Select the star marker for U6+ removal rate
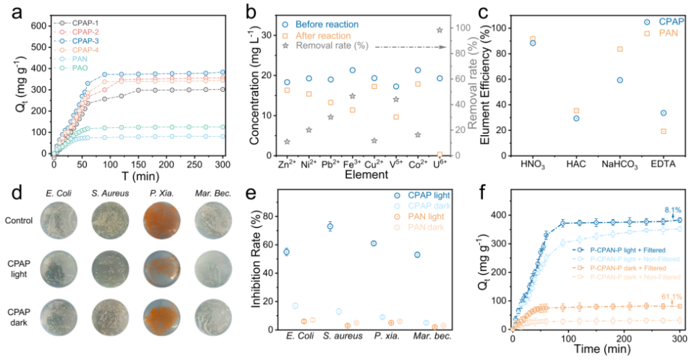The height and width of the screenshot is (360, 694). [x=440, y=30]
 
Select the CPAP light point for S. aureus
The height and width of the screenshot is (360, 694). [x=330, y=226]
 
